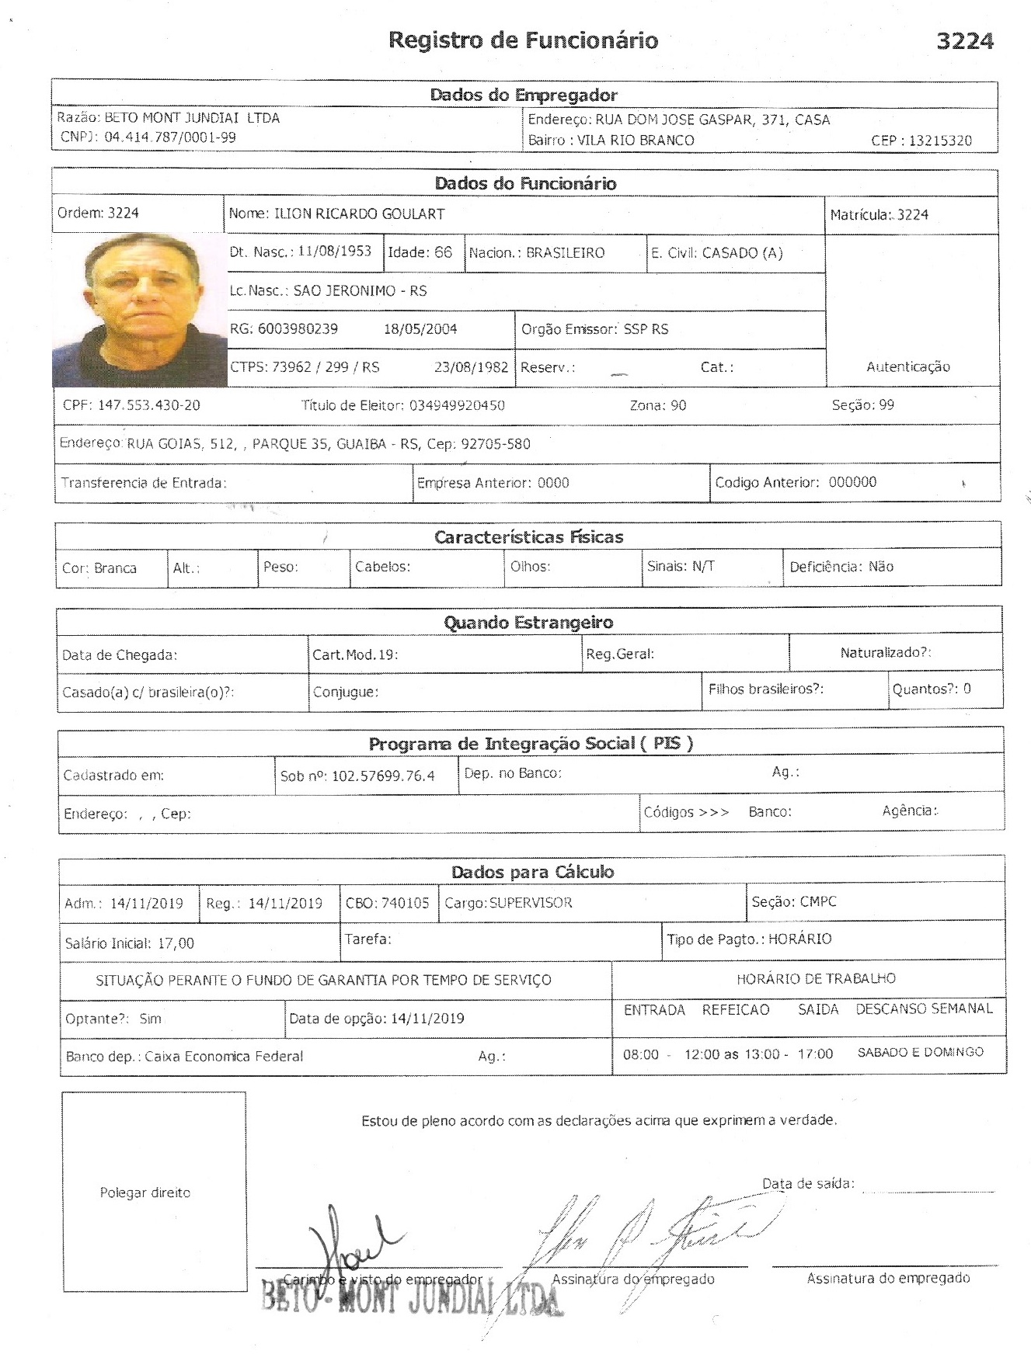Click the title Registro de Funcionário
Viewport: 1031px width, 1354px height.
[x=523, y=40]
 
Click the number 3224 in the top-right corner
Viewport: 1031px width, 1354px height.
[x=964, y=41]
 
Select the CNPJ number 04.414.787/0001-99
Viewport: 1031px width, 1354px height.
[x=169, y=138]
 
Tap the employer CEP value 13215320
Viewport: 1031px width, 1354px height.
[x=939, y=141]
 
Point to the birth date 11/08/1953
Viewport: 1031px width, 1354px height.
[x=334, y=252]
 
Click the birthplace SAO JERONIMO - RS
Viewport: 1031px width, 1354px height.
[x=360, y=291]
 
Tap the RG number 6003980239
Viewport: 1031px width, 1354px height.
[x=298, y=329]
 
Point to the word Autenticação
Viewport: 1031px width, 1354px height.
[x=907, y=366]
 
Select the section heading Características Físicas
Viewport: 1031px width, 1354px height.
[x=528, y=536]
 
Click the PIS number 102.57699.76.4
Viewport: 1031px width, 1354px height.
[x=383, y=776]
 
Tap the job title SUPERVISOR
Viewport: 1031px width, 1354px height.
[x=531, y=903]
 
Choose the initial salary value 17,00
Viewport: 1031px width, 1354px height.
[x=176, y=943]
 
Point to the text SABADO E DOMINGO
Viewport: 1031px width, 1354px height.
[x=920, y=1052]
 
